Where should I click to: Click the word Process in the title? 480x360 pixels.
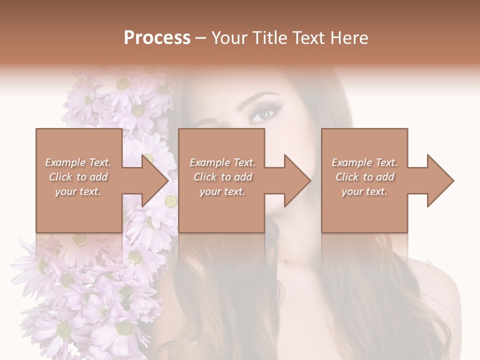coord(157,37)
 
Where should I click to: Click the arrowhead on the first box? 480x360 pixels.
coord(155,180)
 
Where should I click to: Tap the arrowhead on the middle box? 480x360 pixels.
coord(297,180)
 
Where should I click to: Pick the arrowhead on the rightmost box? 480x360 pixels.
coord(440,180)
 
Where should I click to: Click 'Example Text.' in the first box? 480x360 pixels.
coord(78,162)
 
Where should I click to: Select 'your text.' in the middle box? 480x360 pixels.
coord(222,191)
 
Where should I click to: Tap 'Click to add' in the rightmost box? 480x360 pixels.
coord(364,177)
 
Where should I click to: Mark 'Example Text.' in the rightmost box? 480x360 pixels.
coord(364,162)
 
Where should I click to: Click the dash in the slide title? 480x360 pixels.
coord(201,38)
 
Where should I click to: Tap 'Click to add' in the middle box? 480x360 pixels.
coord(222,177)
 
